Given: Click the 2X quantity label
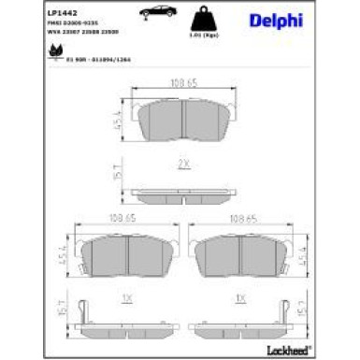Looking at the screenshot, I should click(182, 163).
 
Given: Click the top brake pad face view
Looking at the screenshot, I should click(183, 122).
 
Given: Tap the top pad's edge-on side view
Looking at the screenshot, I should click(183, 195).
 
